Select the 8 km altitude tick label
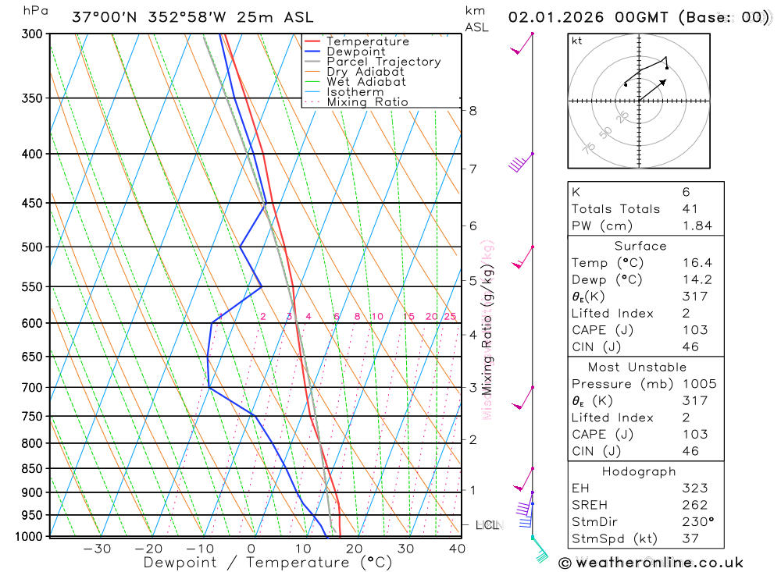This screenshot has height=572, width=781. point(473,111)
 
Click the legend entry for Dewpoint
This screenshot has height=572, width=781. point(355,52)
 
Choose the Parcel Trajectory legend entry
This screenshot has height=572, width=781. point(383,62)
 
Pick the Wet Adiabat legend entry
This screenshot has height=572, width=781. point(366,82)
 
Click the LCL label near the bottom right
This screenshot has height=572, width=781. point(487,525)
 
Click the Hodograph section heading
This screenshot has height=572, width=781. point(639,471)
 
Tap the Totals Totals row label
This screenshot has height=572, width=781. point(615,209)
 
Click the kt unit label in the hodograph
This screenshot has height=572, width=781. point(577,41)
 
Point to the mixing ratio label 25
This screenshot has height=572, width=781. point(450,316)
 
